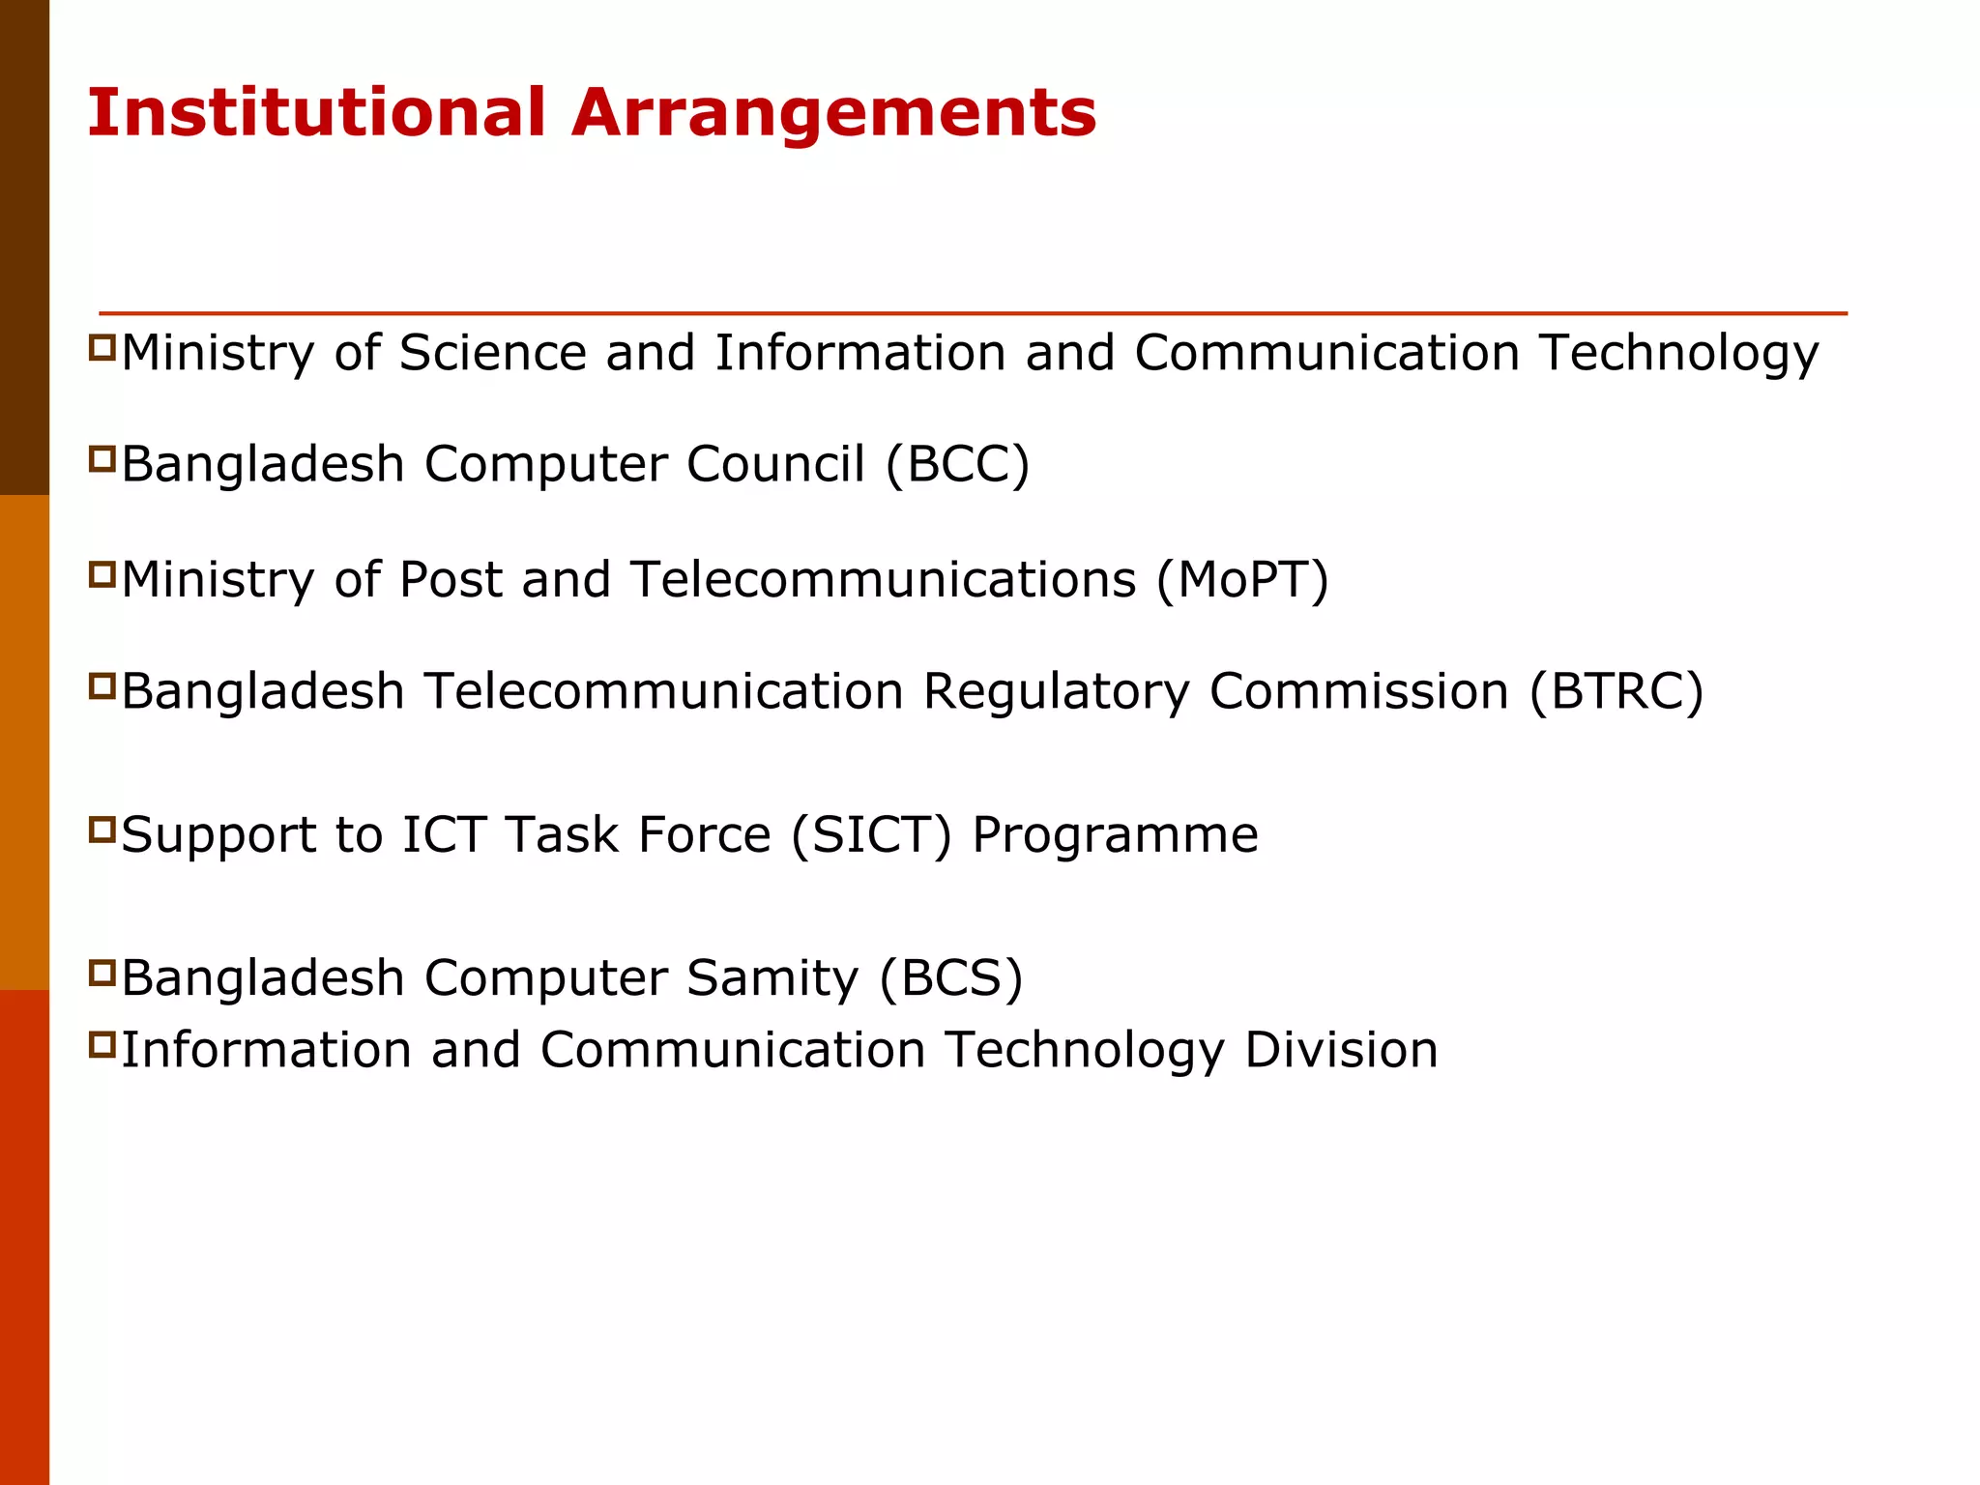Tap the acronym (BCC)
tap(957, 465)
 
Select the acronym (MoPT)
tap(1242, 581)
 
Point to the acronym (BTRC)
tap(1616, 692)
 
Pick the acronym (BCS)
tap(950, 978)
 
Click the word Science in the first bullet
tap(492, 353)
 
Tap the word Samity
tap(772, 978)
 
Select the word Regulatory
tap(1056, 692)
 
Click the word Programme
tap(1115, 835)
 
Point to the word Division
tap(1341, 1050)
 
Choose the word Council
tap(775, 465)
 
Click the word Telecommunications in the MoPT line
tap(884, 581)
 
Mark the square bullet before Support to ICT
tap(102, 830)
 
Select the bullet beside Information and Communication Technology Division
tap(102, 1044)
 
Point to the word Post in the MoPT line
tap(451, 581)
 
